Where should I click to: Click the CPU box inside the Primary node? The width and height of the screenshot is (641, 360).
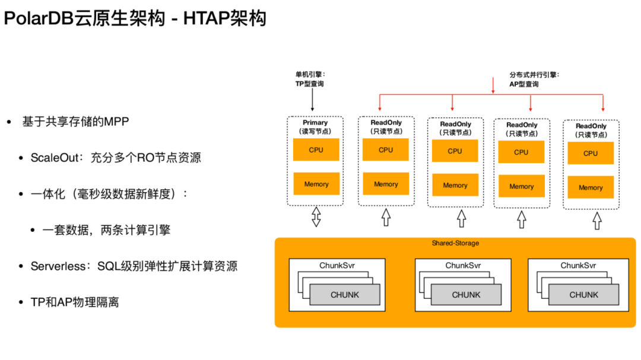pyautogui.click(x=316, y=150)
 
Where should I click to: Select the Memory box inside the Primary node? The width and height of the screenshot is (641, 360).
pyautogui.click(x=316, y=184)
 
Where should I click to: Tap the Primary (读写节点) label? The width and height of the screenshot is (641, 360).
pyautogui.click(x=315, y=126)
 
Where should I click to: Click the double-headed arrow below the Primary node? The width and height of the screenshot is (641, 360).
pyautogui.click(x=316, y=217)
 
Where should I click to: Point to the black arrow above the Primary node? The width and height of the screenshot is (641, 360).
pyautogui.click(x=313, y=101)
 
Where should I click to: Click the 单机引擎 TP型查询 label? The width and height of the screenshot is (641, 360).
pyautogui.click(x=310, y=79)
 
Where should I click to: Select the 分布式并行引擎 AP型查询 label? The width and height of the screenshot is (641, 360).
pyautogui.click(x=534, y=79)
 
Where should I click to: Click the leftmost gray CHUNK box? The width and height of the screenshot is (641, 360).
pyautogui.click(x=344, y=295)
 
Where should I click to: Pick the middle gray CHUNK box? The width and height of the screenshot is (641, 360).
pyautogui.click(x=466, y=295)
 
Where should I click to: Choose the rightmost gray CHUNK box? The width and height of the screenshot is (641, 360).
pyautogui.click(x=583, y=295)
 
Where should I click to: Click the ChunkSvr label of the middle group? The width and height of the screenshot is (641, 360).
pyautogui.click(x=463, y=265)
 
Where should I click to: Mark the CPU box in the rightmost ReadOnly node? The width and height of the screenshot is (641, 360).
pyautogui.click(x=591, y=153)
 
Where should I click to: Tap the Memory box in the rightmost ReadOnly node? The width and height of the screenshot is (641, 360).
pyautogui.click(x=591, y=187)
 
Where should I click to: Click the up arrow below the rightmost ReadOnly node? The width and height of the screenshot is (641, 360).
pyautogui.click(x=596, y=221)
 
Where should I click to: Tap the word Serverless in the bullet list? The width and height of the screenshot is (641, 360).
pyautogui.click(x=58, y=266)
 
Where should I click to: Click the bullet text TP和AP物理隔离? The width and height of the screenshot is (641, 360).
pyautogui.click(x=75, y=302)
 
